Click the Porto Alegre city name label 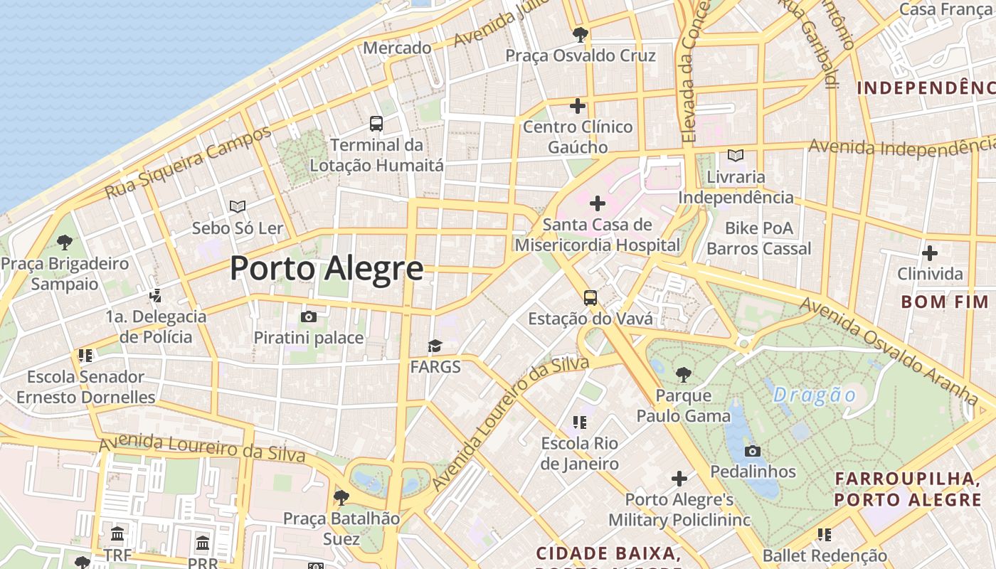[x=327, y=269]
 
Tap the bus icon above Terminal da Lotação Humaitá [x=376, y=124]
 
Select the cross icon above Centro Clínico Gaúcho [x=578, y=106]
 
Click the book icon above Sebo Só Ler [x=238, y=207]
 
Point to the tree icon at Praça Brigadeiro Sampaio [x=65, y=243]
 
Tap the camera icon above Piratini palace [x=309, y=317]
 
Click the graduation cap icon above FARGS [x=435, y=346]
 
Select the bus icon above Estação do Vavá [x=590, y=297]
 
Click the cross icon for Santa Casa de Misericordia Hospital [x=598, y=204]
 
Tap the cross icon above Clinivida [x=929, y=253]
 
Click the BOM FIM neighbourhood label [x=945, y=302]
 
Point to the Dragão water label [x=815, y=395]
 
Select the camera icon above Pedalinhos [x=753, y=451]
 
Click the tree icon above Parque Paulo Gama [x=683, y=373]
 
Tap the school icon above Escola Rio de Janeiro [x=580, y=422]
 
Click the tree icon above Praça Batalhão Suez [x=341, y=497]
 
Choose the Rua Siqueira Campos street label [x=189, y=163]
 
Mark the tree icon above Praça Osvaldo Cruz [x=581, y=33]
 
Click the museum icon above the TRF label [x=117, y=533]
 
